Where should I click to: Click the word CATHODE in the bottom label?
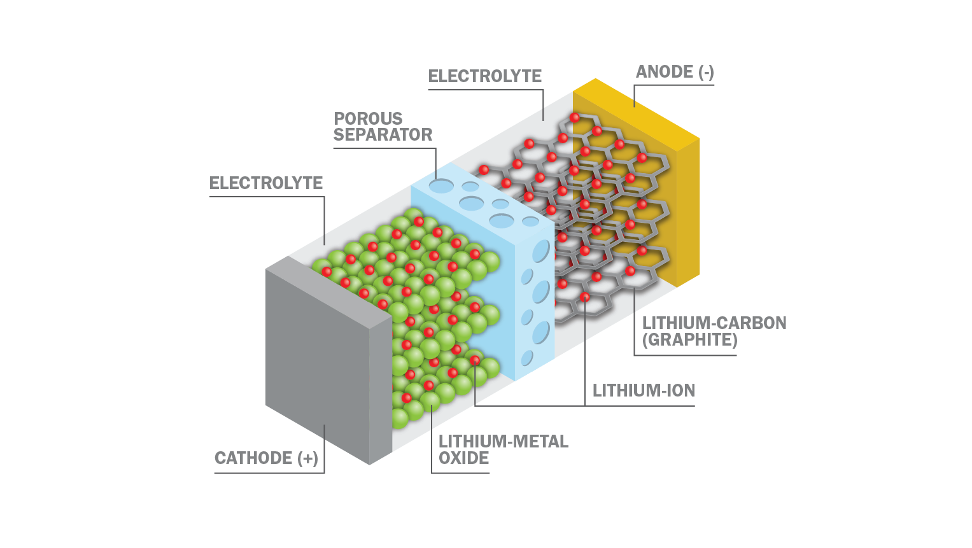coord(254,458)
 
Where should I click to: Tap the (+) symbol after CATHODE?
coord(308,458)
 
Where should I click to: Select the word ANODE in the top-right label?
coord(665,71)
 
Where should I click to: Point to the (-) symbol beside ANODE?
coord(706,71)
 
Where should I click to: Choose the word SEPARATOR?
coord(383,134)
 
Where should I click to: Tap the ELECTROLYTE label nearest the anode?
coord(484,76)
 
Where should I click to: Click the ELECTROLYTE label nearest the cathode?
coord(266,183)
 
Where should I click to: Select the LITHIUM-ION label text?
coord(644,391)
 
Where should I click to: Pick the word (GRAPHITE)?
coord(690,340)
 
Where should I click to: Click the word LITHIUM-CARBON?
coord(714,323)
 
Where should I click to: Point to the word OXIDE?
coord(464,458)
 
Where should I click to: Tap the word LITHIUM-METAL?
coord(504,442)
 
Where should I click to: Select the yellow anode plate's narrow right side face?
coord(688,213)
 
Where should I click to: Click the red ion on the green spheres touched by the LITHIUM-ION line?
coord(475,360)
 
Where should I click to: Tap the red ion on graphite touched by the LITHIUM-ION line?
coord(584,297)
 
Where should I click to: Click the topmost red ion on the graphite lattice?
coord(575,118)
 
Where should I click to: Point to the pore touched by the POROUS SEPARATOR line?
coord(441,186)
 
